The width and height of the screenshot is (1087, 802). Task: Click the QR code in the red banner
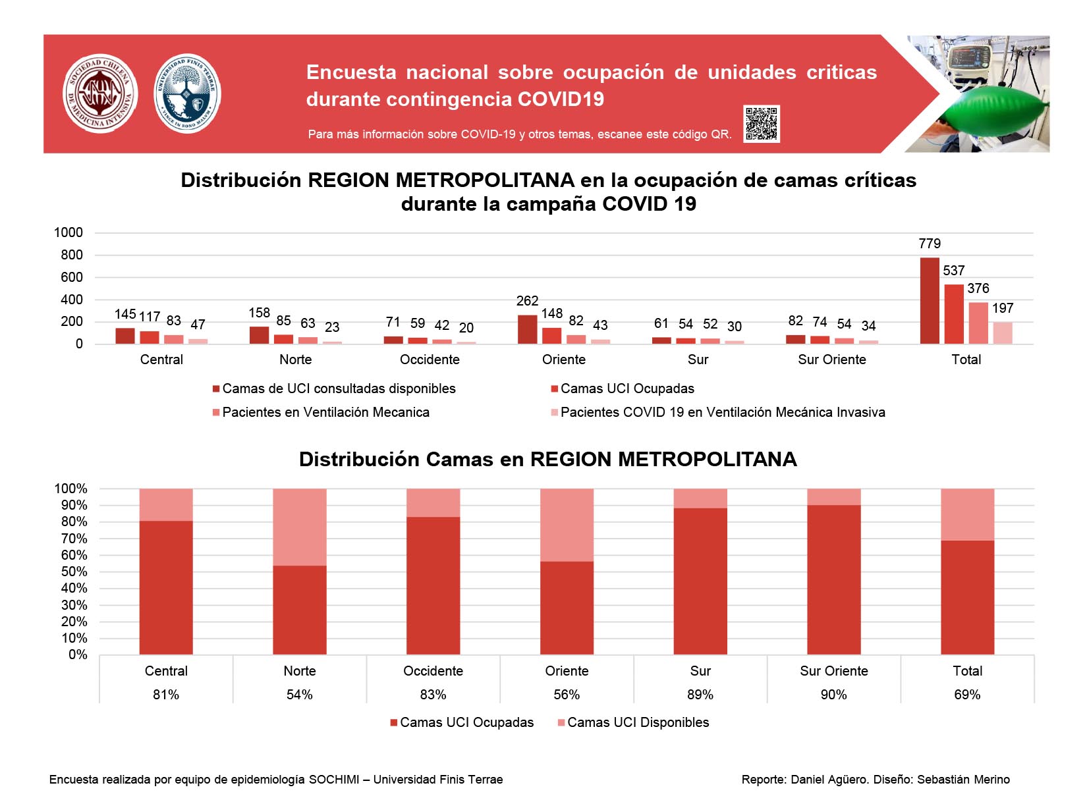[761, 123]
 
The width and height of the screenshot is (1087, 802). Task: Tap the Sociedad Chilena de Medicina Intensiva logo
[100, 93]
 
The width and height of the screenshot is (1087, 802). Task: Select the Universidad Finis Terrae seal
[187, 93]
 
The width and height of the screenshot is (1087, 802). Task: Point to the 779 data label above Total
[929, 243]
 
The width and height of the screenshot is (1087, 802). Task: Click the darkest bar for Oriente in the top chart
[527, 329]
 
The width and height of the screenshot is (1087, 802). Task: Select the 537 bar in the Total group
[954, 313]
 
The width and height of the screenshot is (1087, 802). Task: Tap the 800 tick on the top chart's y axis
[72, 255]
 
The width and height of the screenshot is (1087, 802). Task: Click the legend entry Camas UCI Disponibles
[633, 722]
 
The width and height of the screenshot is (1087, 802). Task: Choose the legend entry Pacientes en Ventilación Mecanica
[321, 412]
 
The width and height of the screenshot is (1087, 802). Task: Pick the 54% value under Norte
[300, 694]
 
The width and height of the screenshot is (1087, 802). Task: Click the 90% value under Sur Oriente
[833, 694]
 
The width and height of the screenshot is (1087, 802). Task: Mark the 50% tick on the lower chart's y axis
[74, 572]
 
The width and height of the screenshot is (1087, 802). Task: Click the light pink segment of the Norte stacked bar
[300, 527]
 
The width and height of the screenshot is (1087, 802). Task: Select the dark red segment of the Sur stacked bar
[700, 581]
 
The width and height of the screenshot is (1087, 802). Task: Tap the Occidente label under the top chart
[430, 360]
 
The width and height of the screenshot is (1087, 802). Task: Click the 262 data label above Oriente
[527, 300]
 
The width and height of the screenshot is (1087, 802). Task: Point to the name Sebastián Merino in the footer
[963, 780]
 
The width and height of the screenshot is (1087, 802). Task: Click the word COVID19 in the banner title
[561, 99]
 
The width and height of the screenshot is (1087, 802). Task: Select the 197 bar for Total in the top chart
[1003, 333]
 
